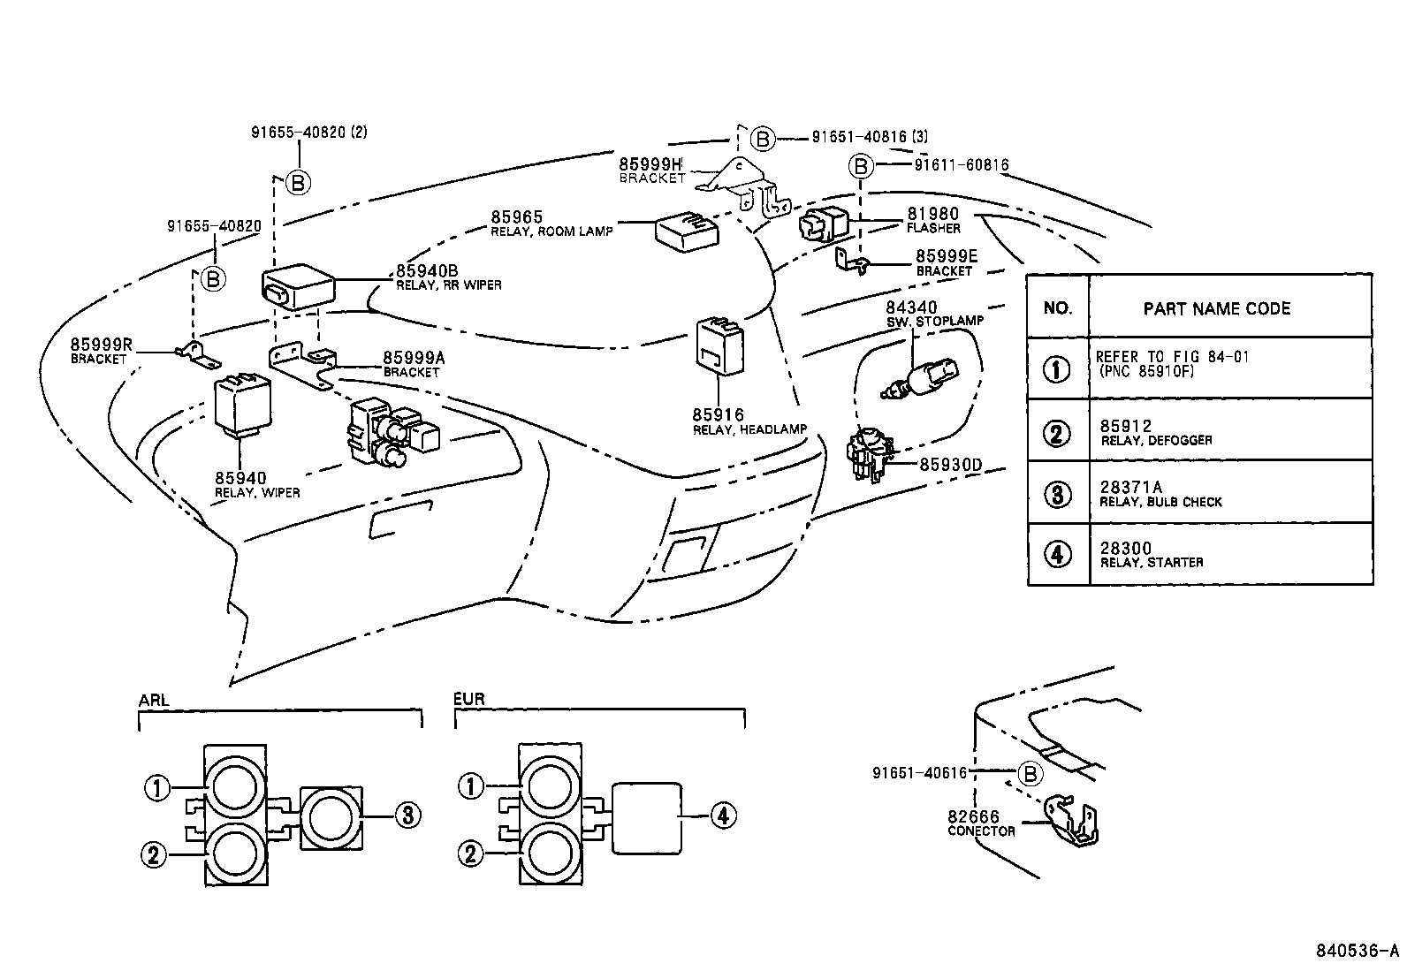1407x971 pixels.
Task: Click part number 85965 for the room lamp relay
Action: (x=517, y=217)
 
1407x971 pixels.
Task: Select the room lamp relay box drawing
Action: (x=686, y=232)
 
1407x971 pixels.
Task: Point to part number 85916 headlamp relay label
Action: (x=719, y=414)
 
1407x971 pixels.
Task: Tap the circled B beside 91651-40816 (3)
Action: (x=763, y=139)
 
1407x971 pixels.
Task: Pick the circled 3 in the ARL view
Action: (x=407, y=815)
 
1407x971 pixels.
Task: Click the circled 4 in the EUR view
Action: (x=722, y=815)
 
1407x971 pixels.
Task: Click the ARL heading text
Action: (x=154, y=700)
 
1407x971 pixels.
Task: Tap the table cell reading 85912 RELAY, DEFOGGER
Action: (x=1156, y=431)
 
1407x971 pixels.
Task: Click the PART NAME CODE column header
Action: (x=1216, y=308)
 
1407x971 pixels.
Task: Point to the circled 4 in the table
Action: (x=1057, y=554)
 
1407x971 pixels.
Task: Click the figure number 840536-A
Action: (x=1358, y=951)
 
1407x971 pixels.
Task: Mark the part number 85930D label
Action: (x=951, y=464)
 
